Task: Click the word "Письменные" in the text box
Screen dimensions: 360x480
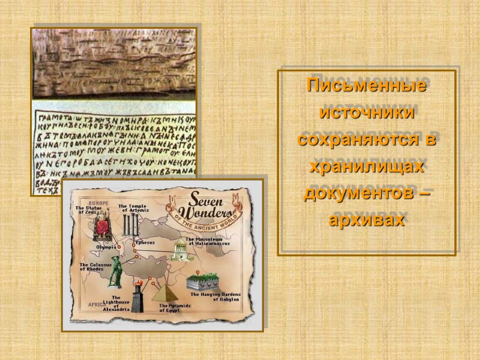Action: (366, 85)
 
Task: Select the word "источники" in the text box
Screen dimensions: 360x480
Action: (366, 112)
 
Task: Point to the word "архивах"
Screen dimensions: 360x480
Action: (366, 220)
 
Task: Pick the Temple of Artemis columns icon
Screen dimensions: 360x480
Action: (131, 227)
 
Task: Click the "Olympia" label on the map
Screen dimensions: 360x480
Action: (106, 247)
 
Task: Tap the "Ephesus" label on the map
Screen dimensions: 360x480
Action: (145, 242)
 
